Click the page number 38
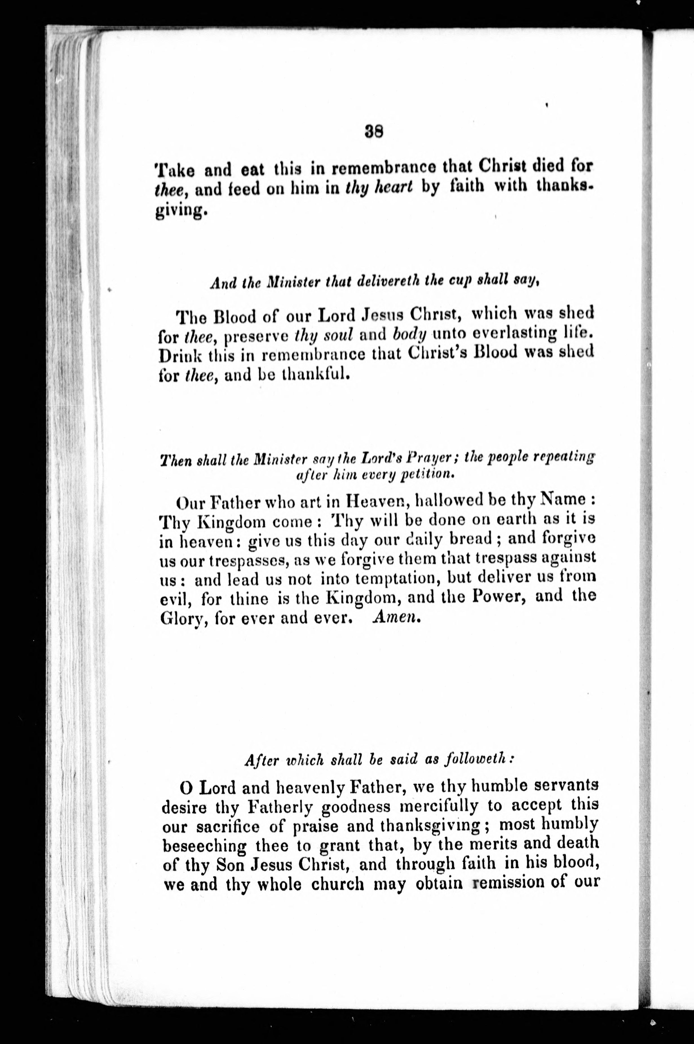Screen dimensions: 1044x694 [x=374, y=131]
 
